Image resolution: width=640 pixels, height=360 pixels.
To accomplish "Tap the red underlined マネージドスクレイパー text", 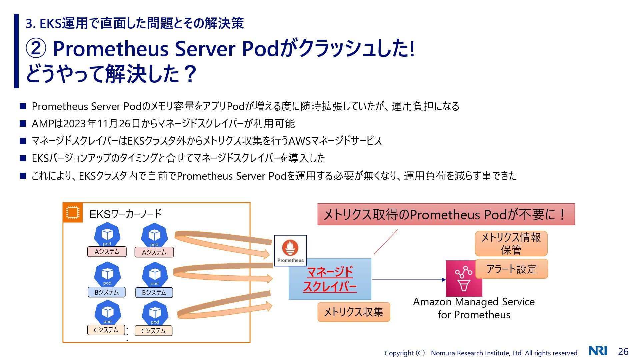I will click(x=330, y=279).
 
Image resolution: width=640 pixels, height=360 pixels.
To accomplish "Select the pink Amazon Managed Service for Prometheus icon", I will click(x=464, y=279).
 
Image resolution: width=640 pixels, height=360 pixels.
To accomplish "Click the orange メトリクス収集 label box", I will click(x=354, y=312).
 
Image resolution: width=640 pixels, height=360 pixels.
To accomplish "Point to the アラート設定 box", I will click(x=511, y=269).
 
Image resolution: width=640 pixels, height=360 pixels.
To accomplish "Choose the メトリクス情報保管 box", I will click(x=511, y=244).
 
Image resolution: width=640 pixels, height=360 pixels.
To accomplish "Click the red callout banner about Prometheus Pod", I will click(x=446, y=214).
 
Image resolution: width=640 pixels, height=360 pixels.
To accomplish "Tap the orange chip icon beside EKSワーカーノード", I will click(x=73, y=212).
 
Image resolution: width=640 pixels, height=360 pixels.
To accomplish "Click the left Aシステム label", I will click(x=107, y=252).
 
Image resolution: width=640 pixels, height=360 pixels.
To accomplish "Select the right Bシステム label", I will click(x=154, y=293).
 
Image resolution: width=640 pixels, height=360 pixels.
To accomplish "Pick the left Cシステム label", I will click(x=106, y=330).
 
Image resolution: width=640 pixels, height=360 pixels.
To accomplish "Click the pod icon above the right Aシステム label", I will click(x=154, y=235).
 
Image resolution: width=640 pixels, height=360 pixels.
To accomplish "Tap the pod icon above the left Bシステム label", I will click(x=107, y=274).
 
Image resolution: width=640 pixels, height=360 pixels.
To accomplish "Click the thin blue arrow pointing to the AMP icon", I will click(x=409, y=280).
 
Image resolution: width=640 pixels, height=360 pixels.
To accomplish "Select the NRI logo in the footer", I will click(x=598, y=351).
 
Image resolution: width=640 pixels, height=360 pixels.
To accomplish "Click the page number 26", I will click(x=623, y=351).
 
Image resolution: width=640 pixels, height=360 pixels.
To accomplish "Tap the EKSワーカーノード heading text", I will click(x=125, y=214).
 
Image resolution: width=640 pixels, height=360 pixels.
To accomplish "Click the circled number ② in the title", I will click(x=36, y=49).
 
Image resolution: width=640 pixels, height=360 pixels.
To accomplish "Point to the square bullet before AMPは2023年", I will click(x=23, y=124).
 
